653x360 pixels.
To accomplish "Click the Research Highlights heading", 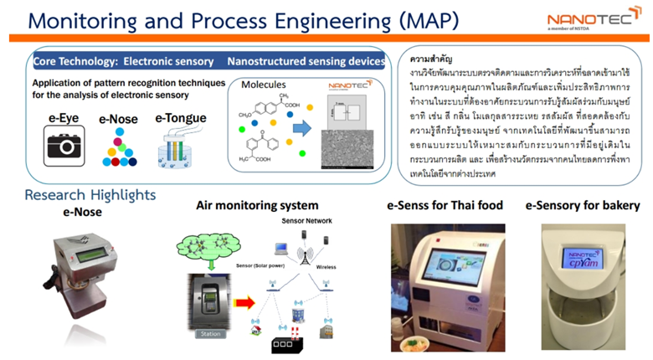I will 90,195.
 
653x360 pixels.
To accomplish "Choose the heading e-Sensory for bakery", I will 583,205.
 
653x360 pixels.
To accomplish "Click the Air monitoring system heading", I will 257,205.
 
